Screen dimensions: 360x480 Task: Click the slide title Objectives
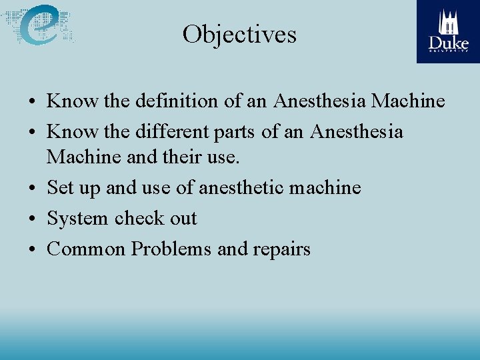point(239,34)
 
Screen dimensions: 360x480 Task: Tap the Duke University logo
point(448,31)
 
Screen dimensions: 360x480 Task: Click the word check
point(138,219)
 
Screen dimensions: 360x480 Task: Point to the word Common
point(86,249)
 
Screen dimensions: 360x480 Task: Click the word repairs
point(281,249)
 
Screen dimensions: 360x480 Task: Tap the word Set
point(60,188)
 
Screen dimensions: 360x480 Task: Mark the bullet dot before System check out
point(33,219)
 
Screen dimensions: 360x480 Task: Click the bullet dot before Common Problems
point(33,250)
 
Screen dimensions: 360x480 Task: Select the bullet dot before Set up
point(33,189)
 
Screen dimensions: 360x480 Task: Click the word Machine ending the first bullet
point(407,101)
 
